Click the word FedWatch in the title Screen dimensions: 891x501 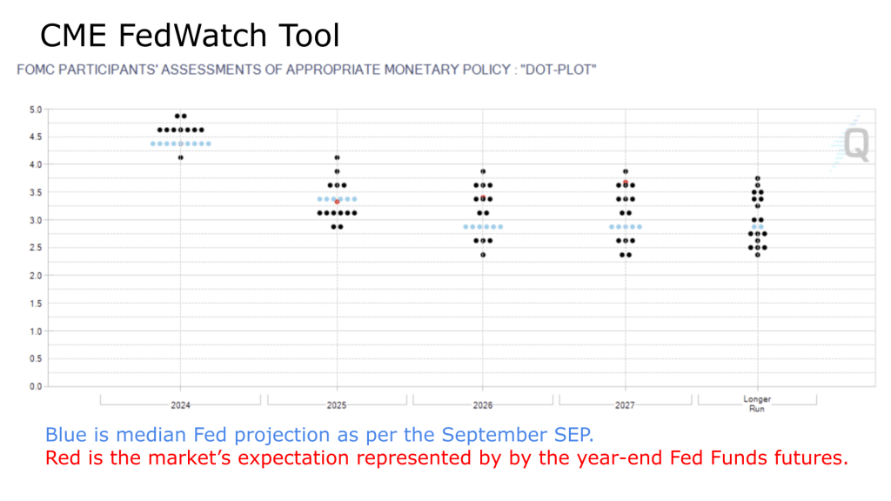[x=191, y=35]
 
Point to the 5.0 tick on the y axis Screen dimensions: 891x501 [x=36, y=110]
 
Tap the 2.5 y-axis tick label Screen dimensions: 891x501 [x=36, y=248]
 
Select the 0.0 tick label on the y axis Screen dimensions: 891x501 [x=36, y=386]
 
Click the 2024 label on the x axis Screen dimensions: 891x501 [x=181, y=405]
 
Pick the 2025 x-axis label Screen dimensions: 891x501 [x=337, y=405]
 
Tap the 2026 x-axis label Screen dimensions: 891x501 [x=483, y=405]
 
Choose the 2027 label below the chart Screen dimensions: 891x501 [x=625, y=405]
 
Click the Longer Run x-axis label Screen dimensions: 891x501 [x=757, y=404]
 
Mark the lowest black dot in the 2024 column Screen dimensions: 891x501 [x=181, y=158]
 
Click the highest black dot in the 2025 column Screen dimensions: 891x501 [x=337, y=158]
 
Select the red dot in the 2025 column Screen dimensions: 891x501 [x=337, y=202]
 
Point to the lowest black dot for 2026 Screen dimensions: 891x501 [x=483, y=255]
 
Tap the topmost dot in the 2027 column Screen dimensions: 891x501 [x=626, y=171]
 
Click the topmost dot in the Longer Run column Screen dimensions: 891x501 [x=758, y=178]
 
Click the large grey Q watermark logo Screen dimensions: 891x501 [x=856, y=144]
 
